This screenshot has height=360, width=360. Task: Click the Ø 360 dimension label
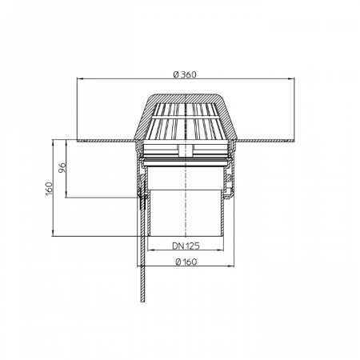tap(185, 74)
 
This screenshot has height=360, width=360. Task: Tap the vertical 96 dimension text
tap(62, 167)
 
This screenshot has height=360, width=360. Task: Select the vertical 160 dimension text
tap(49, 189)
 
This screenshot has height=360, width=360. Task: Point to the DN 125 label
tap(186, 246)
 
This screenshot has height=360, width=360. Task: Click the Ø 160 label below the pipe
tap(186, 262)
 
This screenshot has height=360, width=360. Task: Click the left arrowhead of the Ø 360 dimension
tap(79, 78)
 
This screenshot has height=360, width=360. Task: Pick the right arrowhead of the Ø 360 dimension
tap(291, 78)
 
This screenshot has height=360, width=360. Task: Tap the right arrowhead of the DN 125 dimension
tap(221, 250)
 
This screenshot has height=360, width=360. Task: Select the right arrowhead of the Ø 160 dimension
tap(231, 266)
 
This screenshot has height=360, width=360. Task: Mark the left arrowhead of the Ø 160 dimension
tap(140, 266)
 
